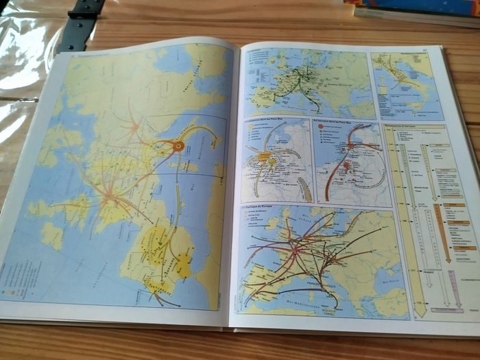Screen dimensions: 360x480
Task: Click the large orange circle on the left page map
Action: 178,145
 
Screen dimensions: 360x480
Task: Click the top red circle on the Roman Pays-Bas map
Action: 352,146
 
